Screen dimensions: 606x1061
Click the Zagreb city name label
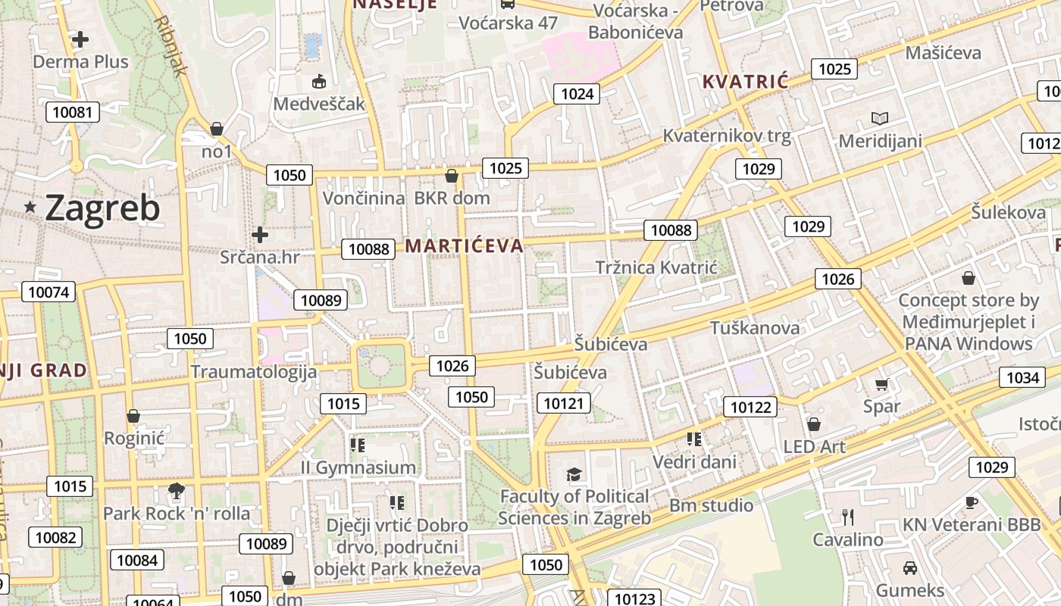click(x=102, y=208)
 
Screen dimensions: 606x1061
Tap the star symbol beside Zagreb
click(x=31, y=207)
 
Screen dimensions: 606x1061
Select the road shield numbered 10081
click(x=72, y=113)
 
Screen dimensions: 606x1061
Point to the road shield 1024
click(x=577, y=94)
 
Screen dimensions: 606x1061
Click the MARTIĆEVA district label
click(x=464, y=245)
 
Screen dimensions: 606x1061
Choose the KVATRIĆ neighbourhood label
click(x=745, y=82)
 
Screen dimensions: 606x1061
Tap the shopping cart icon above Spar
click(x=881, y=384)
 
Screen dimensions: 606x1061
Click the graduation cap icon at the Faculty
click(x=574, y=475)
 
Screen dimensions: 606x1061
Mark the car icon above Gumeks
click(x=909, y=567)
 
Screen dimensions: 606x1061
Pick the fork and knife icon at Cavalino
click(x=848, y=517)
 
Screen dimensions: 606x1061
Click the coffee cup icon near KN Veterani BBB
click(x=971, y=502)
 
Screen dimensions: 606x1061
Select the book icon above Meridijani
click(x=879, y=118)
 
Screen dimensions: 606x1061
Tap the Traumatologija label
click(x=253, y=371)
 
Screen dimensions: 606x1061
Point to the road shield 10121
click(x=563, y=403)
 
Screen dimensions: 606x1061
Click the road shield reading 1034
click(x=1022, y=376)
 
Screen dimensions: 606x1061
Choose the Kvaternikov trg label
click(x=726, y=136)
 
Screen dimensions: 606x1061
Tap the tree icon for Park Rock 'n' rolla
click(x=177, y=491)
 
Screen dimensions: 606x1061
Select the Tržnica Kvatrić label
click(x=656, y=267)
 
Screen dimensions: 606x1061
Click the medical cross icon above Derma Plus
click(x=80, y=39)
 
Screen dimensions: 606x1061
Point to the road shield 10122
click(x=750, y=408)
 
